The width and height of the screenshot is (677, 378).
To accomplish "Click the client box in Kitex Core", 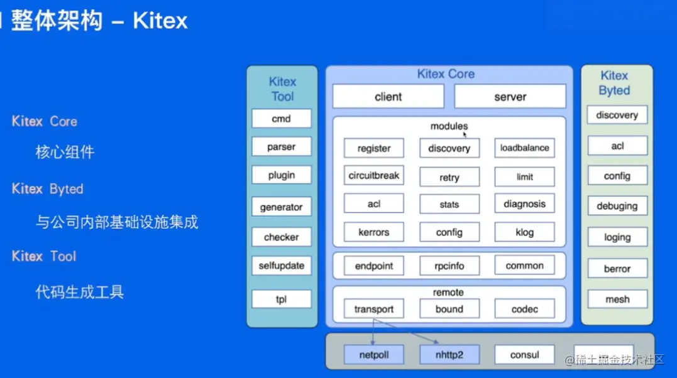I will [388, 97].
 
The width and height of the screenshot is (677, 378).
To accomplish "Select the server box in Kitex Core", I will [510, 97].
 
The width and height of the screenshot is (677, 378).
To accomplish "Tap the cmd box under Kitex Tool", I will [282, 119].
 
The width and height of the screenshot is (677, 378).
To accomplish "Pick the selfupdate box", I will [282, 266].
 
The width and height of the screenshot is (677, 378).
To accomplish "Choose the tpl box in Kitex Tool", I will [282, 300].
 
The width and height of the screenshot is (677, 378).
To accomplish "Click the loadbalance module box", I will [524, 148].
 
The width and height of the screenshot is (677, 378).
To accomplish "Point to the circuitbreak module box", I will [374, 176].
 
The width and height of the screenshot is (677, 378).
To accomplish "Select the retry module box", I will [449, 177].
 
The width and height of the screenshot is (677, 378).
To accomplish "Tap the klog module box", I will [524, 232].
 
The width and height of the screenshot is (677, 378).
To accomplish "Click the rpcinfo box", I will [449, 266].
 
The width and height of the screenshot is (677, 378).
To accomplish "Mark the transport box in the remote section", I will [374, 309].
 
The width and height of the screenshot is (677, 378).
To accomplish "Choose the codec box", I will [524, 309].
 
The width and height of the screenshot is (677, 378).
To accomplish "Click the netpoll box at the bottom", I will [374, 355].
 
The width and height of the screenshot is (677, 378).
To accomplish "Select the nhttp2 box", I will [449, 355].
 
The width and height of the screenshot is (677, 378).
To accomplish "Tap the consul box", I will [524, 355].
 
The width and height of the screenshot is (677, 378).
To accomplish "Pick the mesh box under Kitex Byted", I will [617, 300].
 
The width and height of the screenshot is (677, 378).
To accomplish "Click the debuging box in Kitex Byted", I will [617, 206].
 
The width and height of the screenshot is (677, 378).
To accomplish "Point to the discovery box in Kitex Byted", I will [617, 115].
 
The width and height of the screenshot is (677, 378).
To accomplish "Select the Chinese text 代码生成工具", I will [80, 292].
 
